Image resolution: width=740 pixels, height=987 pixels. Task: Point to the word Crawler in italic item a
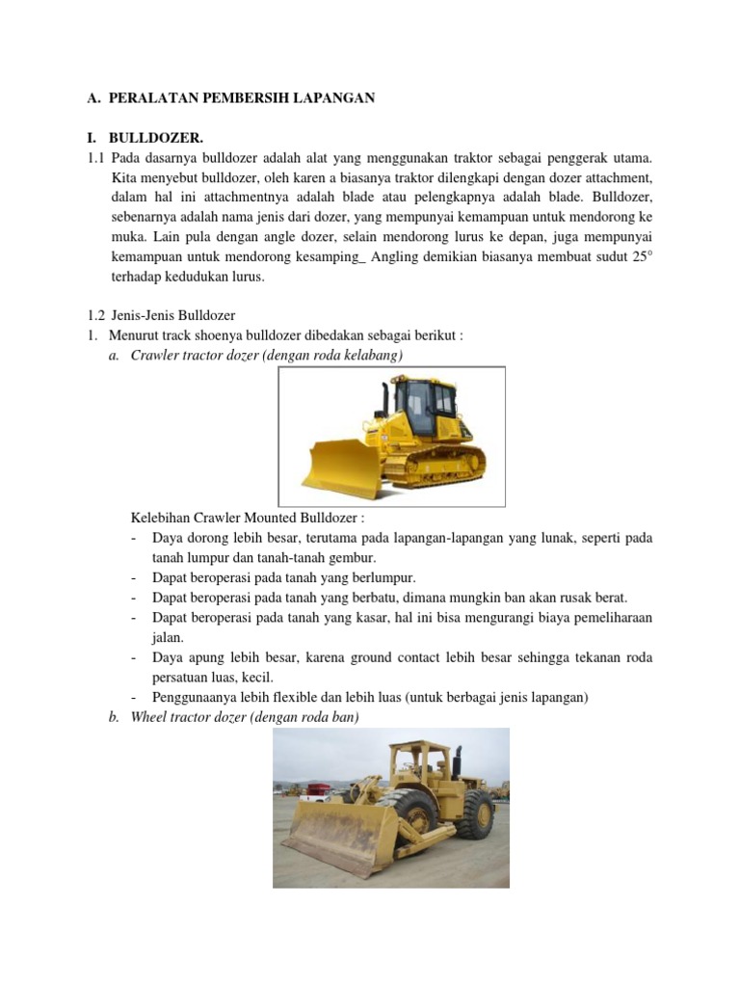coord(154,356)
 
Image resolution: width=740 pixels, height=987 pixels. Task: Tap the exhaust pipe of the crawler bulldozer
coord(385,397)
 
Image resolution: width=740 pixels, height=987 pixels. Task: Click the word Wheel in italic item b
coord(149,716)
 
